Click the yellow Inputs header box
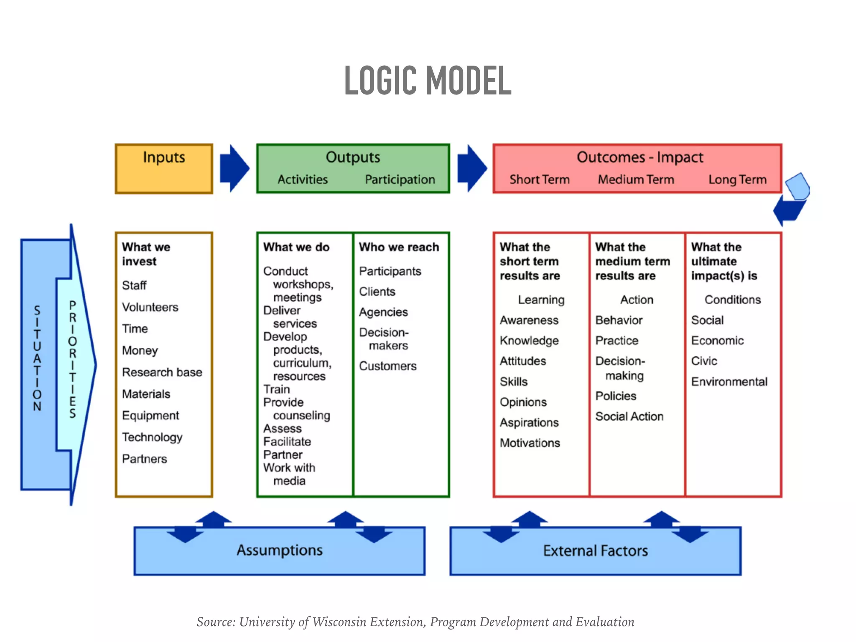click(x=164, y=168)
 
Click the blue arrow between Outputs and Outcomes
click(x=471, y=168)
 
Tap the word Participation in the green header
click(x=400, y=180)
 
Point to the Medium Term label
click(x=636, y=180)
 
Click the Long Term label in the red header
click(x=737, y=180)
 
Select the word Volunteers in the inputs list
click(x=150, y=307)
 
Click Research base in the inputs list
click(x=162, y=372)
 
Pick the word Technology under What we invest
click(x=152, y=437)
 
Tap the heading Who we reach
click(x=399, y=247)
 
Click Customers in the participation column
click(x=387, y=366)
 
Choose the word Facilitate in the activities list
click(x=287, y=442)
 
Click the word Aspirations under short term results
click(x=529, y=423)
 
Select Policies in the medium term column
click(x=616, y=396)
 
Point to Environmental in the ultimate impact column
click(x=729, y=382)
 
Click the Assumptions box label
click(x=279, y=550)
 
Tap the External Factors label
click(x=595, y=551)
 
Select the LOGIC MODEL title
click(x=428, y=80)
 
